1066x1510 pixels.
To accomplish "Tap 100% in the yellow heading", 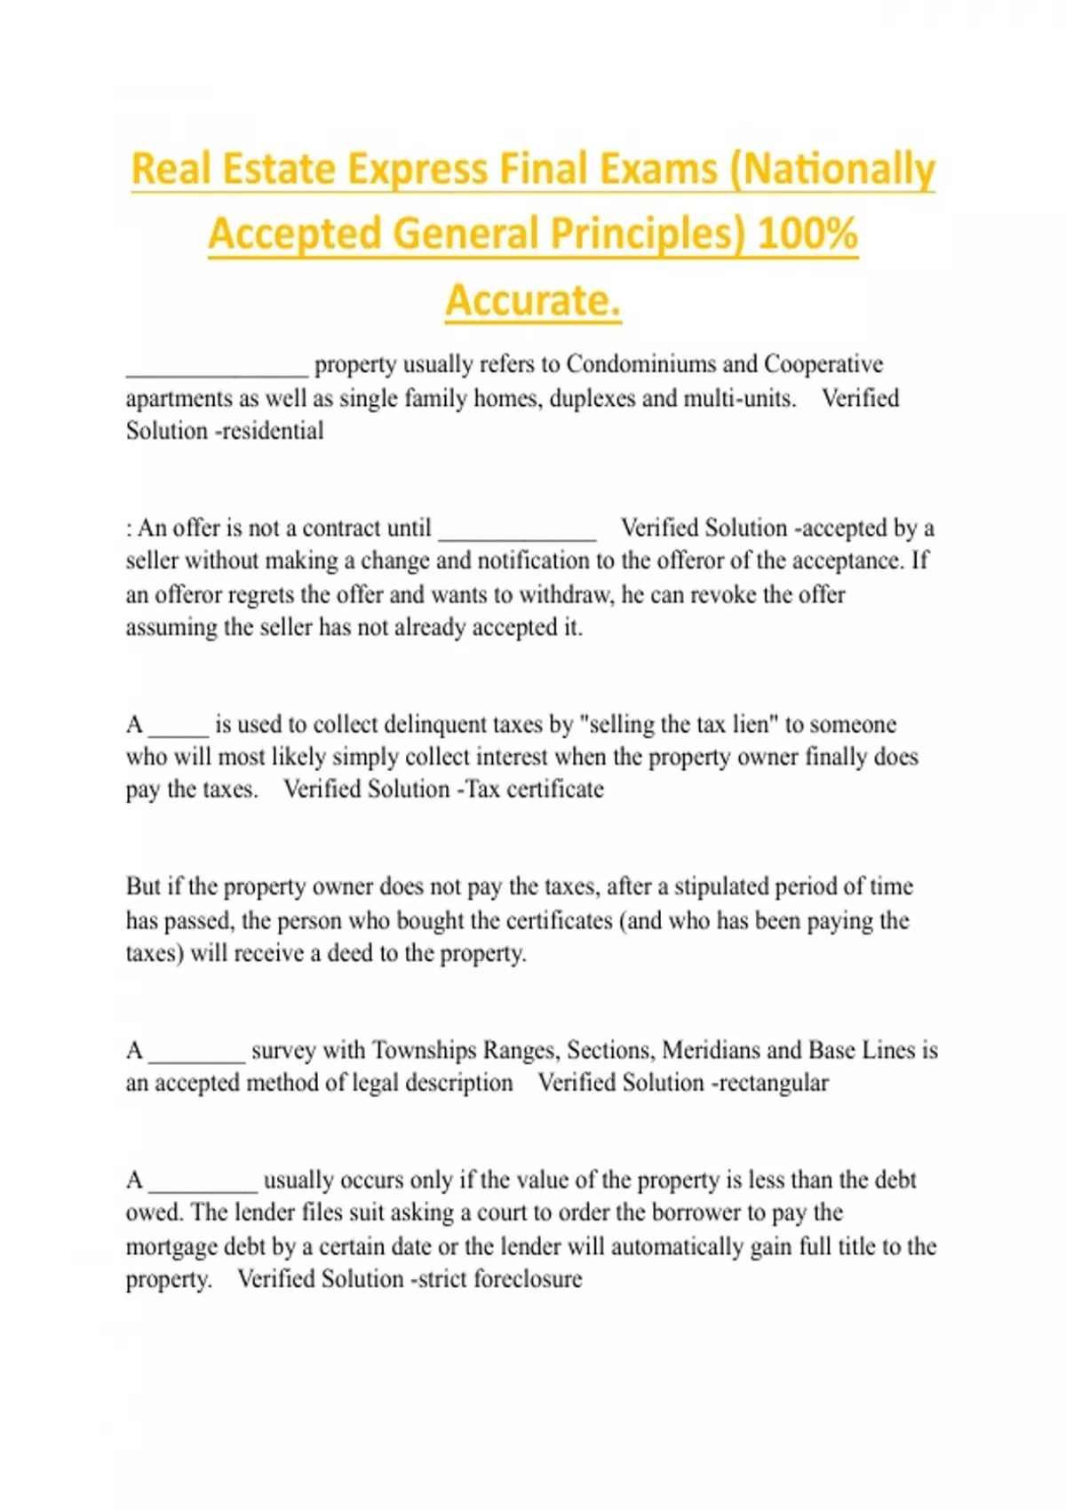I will [807, 234].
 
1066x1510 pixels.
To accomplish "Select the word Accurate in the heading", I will [531, 300].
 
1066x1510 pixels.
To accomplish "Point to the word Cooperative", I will [823, 365].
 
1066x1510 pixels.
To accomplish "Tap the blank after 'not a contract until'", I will [517, 533].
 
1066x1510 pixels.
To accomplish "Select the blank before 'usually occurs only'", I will [203, 1185].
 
